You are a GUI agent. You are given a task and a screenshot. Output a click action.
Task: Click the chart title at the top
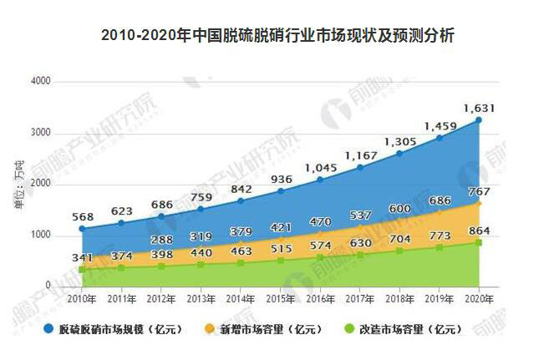(272, 36)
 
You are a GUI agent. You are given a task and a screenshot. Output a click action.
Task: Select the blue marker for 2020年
(479, 119)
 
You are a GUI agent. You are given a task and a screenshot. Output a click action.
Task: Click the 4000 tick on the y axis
(41, 82)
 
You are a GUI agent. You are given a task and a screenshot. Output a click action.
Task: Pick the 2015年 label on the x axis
(280, 298)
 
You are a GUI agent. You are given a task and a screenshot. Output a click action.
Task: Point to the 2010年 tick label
(81, 298)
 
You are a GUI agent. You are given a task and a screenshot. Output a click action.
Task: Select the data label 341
(80, 256)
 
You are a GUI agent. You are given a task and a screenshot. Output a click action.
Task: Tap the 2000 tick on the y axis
(41, 185)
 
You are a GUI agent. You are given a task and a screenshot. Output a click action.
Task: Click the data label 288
(160, 240)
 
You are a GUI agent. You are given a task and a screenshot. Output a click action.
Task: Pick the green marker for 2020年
(479, 242)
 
